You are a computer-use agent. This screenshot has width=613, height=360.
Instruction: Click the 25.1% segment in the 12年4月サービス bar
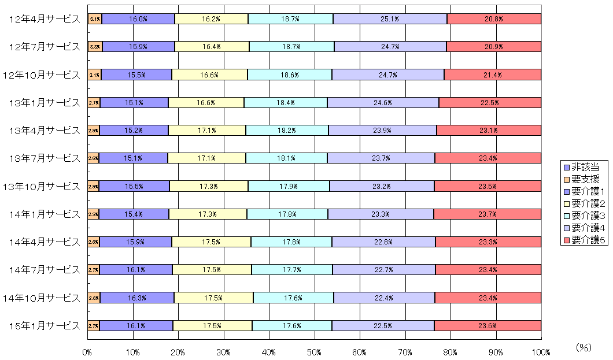click(x=390, y=19)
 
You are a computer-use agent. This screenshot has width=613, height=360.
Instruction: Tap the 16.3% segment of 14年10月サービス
click(x=137, y=298)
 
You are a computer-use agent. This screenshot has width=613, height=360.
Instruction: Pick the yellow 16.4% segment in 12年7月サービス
click(x=212, y=47)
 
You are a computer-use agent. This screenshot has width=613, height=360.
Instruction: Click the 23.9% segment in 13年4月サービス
click(x=382, y=131)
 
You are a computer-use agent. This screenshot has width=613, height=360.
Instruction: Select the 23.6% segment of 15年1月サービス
click(x=488, y=326)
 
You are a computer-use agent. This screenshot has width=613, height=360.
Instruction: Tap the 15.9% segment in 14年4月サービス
click(x=135, y=242)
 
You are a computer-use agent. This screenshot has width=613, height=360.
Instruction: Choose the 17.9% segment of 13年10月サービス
click(x=289, y=187)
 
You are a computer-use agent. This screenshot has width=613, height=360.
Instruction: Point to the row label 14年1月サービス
click(x=44, y=214)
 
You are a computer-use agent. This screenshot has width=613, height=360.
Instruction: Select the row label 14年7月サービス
click(x=44, y=270)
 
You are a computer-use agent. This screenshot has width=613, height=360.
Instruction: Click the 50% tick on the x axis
click(x=314, y=352)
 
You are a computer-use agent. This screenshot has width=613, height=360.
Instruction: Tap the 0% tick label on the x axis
click(x=87, y=352)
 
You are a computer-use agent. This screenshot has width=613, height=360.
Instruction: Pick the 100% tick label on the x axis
click(x=541, y=352)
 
